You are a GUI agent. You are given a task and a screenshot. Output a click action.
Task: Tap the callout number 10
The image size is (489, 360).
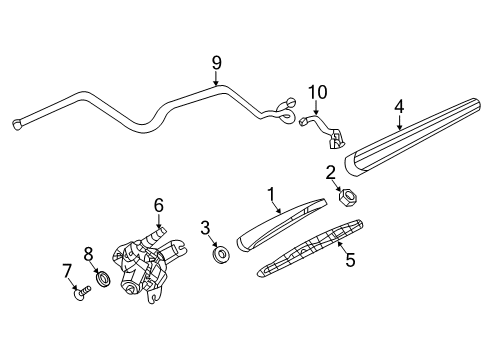tap(317, 93)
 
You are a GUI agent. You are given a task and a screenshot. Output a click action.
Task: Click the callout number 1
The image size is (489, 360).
tap(269, 192)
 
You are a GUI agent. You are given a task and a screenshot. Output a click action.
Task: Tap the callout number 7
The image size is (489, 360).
tap(69, 270)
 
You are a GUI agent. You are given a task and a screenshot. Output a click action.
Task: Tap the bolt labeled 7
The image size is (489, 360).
tap(81, 294)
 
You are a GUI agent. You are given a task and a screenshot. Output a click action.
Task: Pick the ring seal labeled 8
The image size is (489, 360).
tap(102, 277)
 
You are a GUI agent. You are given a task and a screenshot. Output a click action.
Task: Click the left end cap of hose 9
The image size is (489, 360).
tap(16, 123)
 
